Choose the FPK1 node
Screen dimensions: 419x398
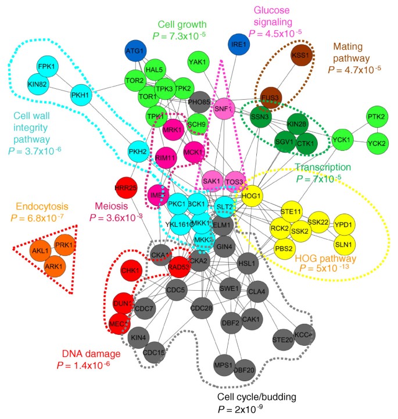(46, 67)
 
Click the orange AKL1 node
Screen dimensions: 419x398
(41, 251)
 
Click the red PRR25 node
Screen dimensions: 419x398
(126, 188)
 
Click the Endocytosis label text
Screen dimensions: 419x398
(42, 206)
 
